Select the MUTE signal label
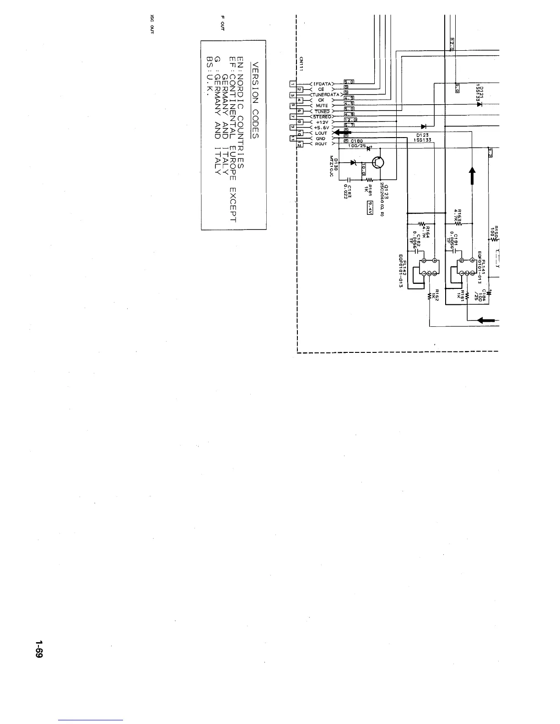click(x=322, y=106)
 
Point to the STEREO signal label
click(x=322, y=117)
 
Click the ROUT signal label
click(x=321, y=144)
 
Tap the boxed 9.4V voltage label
click(x=370, y=208)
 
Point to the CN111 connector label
click(x=302, y=65)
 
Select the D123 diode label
click(x=422, y=135)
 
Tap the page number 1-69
click(x=39, y=649)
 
